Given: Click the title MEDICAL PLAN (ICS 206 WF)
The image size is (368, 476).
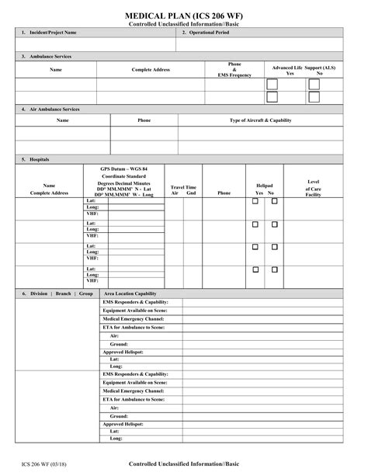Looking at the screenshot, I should [184, 16].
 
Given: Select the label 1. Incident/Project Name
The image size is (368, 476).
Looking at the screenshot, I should [53, 33].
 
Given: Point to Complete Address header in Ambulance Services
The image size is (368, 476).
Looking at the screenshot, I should [151, 70].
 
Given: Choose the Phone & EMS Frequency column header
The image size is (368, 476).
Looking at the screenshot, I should [234, 70].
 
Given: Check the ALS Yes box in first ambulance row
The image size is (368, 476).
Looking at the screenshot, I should [272, 84].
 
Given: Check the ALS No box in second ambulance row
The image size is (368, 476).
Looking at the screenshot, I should [314, 97].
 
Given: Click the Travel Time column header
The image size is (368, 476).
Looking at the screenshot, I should [183, 187].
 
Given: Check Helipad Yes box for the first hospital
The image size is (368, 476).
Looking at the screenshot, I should [255, 202].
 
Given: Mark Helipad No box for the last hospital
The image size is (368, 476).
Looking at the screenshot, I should [274, 269].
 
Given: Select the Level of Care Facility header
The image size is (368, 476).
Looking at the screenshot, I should [314, 186].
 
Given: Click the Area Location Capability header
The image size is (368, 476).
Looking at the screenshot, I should [130, 294].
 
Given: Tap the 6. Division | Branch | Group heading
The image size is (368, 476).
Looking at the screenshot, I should [57, 294].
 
